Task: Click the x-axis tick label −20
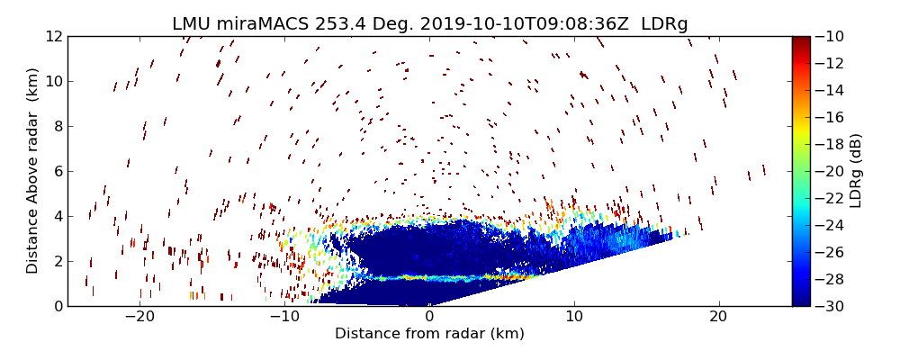click(139, 317)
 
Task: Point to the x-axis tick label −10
click(284, 317)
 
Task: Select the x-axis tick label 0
click(429, 317)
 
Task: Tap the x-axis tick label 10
click(574, 317)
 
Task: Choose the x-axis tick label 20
click(718, 317)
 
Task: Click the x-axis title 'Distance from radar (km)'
click(429, 334)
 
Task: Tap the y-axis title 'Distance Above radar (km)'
click(32, 171)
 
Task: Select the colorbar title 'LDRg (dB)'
click(856, 171)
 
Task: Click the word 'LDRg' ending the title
click(664, 24)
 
